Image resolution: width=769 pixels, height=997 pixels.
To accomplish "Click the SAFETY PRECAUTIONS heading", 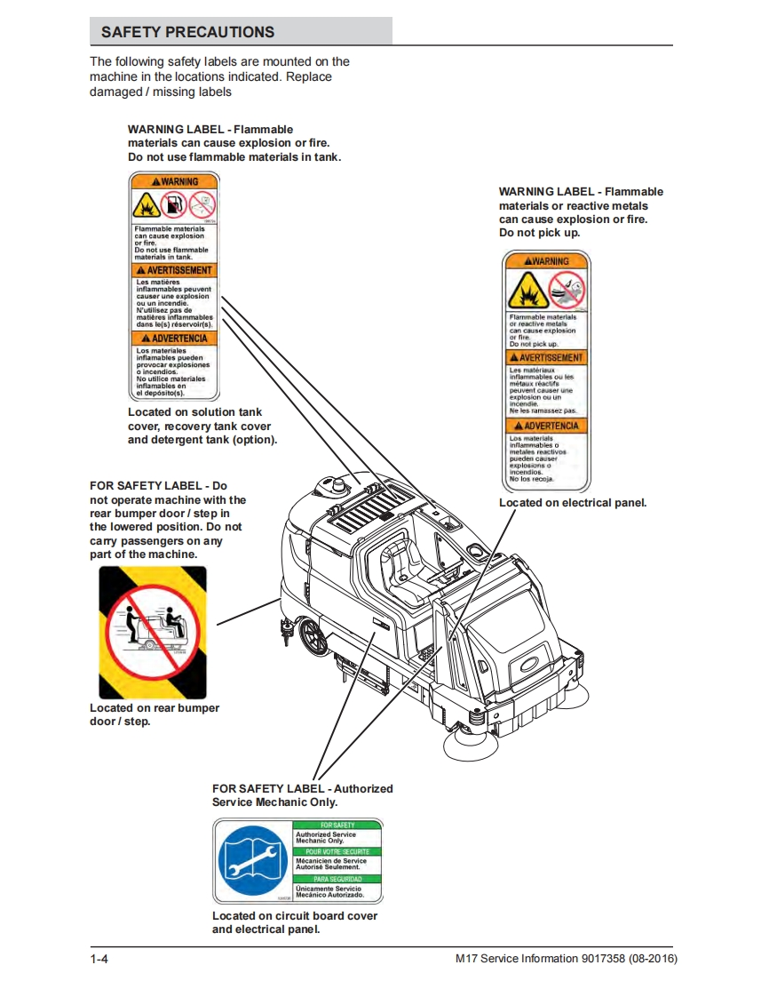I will click(x=187, y=32).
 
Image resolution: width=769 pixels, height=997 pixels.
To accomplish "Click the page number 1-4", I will click(x=99, y=960).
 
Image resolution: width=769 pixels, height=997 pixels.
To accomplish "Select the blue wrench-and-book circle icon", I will click(x=253, y=860).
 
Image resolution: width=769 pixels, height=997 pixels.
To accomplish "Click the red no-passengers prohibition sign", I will click(x=152, y=632).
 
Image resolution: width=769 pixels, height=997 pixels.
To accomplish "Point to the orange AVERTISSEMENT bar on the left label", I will click(x=174, y=270).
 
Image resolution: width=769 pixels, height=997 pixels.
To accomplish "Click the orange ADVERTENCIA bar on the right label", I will click(x=546, y=427).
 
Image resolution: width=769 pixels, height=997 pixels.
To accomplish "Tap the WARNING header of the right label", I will click(x=546, y=261).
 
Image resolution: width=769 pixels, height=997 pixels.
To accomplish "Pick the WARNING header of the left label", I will click(x=174, y=182).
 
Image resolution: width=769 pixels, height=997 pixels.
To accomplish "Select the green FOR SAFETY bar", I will click(x=337, y=826).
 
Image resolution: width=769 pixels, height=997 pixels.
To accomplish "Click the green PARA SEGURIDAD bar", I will click(x=337, y=879).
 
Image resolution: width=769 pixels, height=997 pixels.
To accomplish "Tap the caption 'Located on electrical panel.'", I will click(x=573, y=503).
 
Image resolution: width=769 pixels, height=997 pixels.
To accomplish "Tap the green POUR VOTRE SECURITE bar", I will click(x=337, y=852).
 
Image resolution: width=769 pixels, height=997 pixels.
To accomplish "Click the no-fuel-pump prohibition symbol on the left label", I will click(x=175, y=205).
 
